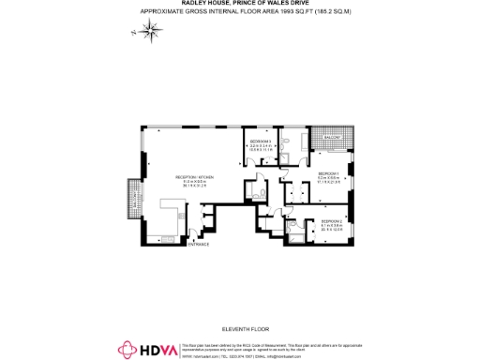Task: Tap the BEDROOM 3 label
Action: point(260,140)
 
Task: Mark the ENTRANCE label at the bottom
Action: point(198,245)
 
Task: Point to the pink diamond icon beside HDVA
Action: point(127,350)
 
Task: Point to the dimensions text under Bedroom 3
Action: point(260,147)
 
